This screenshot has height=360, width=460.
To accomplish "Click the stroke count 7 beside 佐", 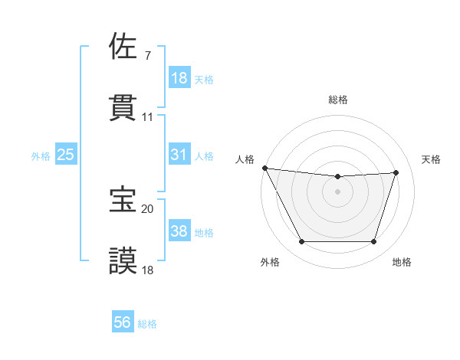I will [x=147, y=56].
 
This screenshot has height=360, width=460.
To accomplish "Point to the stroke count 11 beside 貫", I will [x=148, y=117].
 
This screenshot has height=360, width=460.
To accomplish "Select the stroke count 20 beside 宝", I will [x=147, y=208].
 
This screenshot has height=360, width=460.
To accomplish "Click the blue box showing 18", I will [x=179, y=78].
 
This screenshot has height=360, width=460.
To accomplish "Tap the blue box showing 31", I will [x=179, y=155].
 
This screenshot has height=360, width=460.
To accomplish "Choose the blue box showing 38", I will [x=179, y=231].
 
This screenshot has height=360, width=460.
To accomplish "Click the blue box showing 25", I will [x=65, y=155].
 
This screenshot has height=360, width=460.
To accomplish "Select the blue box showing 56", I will [x=122, y=323].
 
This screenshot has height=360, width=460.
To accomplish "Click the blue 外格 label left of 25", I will [x=41, y=155].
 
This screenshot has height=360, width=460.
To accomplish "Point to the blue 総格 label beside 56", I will [x=147, y=324].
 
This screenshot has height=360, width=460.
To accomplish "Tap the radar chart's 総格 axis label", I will [x=337, y=100].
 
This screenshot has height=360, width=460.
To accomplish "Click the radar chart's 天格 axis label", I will [x=432, y=159].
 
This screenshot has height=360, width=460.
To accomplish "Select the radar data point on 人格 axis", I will [x=264, y=168].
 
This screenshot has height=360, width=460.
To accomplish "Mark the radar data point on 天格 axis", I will [x=396, y=172].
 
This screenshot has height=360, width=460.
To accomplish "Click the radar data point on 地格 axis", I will [x=373, y=242].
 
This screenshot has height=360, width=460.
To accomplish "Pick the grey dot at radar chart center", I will [x=337, y=191].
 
